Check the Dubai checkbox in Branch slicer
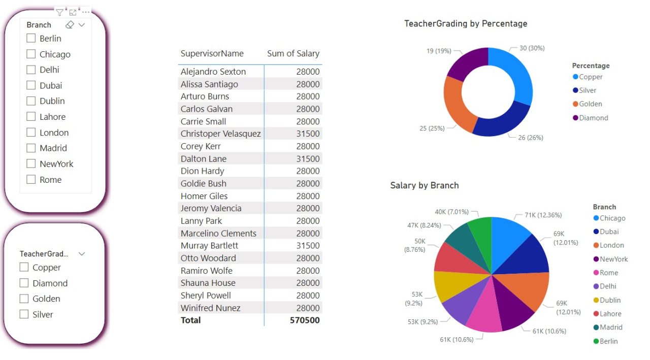click(x=31, y=85)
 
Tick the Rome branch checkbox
click(x=31, y=179)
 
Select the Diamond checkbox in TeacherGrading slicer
click(x=24, y=283)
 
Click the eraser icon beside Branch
click(x=70, y=25)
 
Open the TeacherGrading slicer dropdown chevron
click(x=82, y=253)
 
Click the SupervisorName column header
click(x=212, y=53)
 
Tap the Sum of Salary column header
click(x=293, y=53)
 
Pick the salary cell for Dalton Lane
click(x=308, y=158)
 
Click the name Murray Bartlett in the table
click(x=209, y=245)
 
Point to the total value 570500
click(x=305, y=320)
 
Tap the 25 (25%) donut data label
click(x=432, y=128)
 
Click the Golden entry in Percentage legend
click(x=590, y=104)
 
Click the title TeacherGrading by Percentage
click(x=465, y=23)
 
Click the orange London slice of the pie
click(x=528, y=289)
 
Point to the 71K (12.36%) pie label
click(x=543, y=215)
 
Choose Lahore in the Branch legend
click(x=610, y=314)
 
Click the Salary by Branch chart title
click(x=424, y=185)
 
